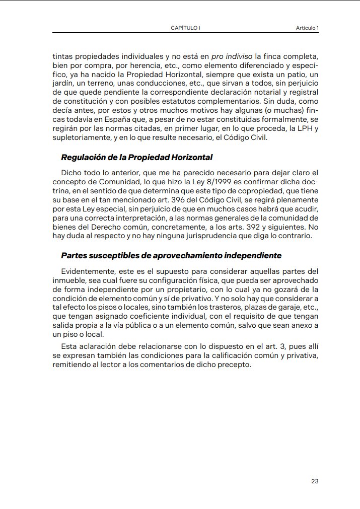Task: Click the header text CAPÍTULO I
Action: coord(186,28)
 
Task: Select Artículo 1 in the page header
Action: coord(307,28)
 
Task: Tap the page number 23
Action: coord(315,481)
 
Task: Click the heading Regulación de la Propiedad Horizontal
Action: coord(137,158)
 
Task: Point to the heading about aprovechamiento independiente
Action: coord(171,255)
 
